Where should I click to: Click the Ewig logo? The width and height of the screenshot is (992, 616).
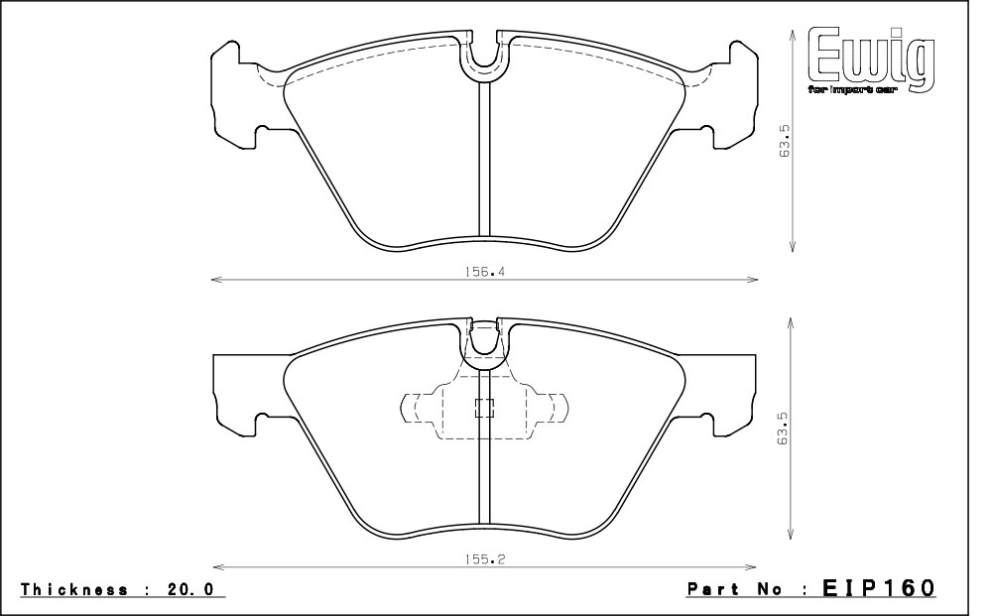tap(872, 61)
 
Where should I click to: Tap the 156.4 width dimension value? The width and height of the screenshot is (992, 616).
tap(485, 272)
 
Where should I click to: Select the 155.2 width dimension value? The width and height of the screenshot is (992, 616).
tap(485, 559)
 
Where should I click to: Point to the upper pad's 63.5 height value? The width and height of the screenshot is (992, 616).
tap(785, 140)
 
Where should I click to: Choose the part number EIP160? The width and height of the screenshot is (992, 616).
tap(878, 587)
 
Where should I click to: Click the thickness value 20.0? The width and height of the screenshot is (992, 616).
tap(190, 589)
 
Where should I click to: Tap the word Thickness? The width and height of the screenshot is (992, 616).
tap(74, 589)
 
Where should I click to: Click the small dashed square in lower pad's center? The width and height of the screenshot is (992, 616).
tap(485, 409)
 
